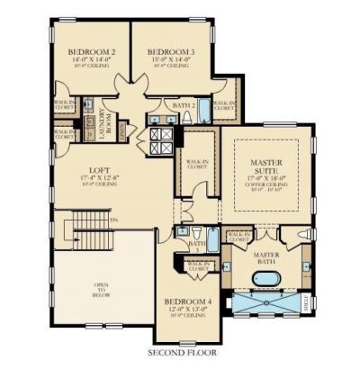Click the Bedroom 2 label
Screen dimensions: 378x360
93,52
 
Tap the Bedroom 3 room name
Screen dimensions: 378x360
168,52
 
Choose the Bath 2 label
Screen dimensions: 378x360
184,106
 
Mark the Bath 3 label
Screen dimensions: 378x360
198,245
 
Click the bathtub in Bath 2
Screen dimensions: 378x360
204,112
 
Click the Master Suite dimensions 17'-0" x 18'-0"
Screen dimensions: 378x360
267,178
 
